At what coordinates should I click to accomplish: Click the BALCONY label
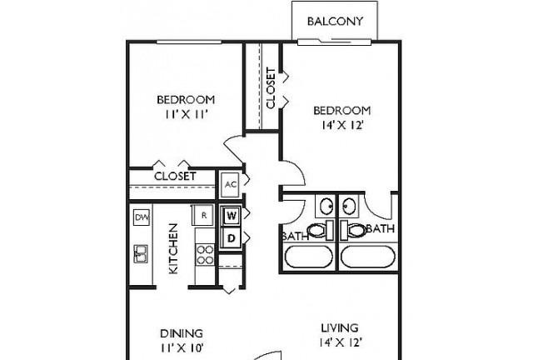pos(335,21)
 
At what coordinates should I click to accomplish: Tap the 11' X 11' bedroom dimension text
pos(187,115)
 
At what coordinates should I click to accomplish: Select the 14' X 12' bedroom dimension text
pos(342,126)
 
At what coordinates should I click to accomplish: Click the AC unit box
pos(230,184)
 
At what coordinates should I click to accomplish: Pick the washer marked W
pos(232,215)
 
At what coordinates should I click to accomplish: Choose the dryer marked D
pos(232,238)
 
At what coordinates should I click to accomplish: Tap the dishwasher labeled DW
pos(142,217)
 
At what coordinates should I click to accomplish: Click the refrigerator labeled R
pos(203,215)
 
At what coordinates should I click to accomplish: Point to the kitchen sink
pos(141,253)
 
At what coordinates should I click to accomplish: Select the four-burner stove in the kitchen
pos(205,255)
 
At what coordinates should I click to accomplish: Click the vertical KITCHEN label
pos(173,248)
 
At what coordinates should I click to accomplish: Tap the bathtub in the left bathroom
pos(309,257)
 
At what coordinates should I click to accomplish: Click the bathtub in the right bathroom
pos(368,257)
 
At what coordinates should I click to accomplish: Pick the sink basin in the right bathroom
pos(349,206)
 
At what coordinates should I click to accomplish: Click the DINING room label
pos(182,333)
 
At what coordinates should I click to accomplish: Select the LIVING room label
pos(340,328)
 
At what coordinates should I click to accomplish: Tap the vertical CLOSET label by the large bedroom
pos(271,88)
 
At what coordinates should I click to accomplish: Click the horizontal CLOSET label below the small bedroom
pos(175,177)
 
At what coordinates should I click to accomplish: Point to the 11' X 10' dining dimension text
pos(182,348)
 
